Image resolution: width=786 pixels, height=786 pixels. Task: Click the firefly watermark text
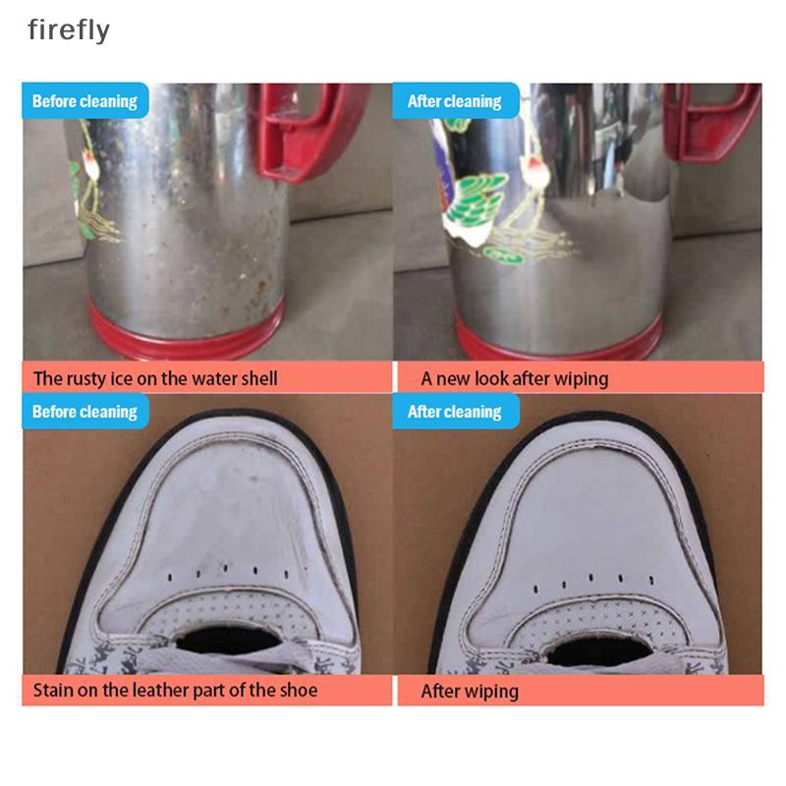coord(69,30)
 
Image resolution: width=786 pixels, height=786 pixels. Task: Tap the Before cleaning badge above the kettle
coord(85,101)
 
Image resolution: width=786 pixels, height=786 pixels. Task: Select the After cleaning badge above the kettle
coord(456,101)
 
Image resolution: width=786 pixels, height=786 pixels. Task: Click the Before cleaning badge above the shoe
coord(85,412)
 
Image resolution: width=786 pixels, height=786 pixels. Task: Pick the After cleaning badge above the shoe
coord(456,412)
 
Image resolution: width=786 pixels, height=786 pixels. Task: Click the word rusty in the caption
coord(85,379)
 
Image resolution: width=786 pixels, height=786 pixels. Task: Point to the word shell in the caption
coord(259,378)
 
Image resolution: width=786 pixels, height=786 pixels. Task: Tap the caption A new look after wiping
coord(514,379)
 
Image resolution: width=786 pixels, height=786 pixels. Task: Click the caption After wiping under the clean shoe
coord(470,692)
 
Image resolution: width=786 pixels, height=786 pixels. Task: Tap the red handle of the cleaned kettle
coord(711,120)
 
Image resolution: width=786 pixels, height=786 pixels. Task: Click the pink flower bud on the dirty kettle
coord(90,163)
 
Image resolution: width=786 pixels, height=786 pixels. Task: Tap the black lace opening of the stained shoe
coord(227,641)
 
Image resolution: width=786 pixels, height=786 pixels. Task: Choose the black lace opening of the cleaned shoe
coord(599,651)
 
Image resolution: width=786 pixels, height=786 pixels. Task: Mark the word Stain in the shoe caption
coord(53,690)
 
